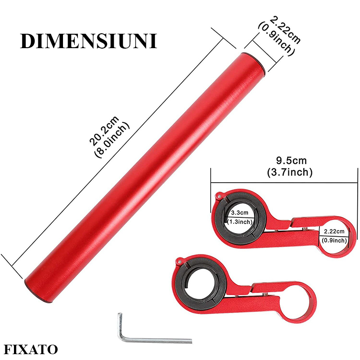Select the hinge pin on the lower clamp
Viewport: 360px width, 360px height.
(x=179, y=260)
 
